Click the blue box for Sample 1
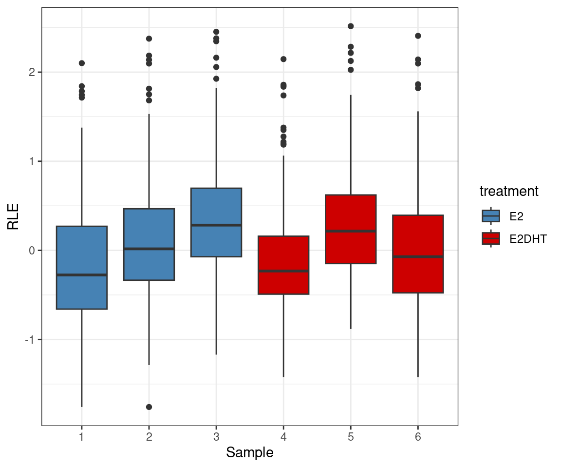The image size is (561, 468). pos(82,292)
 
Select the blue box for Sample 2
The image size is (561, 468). pos(149,266)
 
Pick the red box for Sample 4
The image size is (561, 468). pos(283,283)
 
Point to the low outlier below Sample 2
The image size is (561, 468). pos(149,407)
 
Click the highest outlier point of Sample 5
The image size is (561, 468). pos(351,26)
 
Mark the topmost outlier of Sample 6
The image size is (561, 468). pos(418,36)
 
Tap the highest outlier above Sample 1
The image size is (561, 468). pos(82,63)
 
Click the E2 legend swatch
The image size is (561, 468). pos(490,216)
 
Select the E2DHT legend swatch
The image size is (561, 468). pos(490,238)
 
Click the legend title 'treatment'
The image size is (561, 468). pos(509,192)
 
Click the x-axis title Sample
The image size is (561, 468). pos(250,453)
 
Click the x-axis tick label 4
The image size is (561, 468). pos(283,437)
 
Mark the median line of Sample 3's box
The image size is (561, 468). pos(216,225)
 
